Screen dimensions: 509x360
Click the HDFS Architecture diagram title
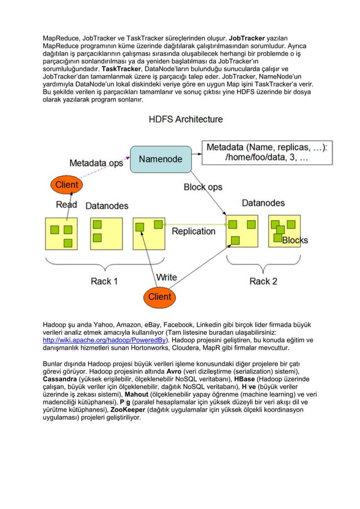click(185, 119)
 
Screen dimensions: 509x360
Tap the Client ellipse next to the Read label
click(65, 185)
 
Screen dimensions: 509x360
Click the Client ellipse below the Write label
click(159, 296)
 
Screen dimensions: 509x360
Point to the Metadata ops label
click(95, 164)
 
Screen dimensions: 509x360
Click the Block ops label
click(203, 187)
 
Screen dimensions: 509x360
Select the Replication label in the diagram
click(194, 231)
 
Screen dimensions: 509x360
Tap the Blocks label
click(295, 241)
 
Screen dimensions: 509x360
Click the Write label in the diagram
click(166, 277)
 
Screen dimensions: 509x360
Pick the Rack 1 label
click(104, 281)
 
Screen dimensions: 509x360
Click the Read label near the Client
click(66, 204)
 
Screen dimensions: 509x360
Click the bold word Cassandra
click(60, 394)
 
